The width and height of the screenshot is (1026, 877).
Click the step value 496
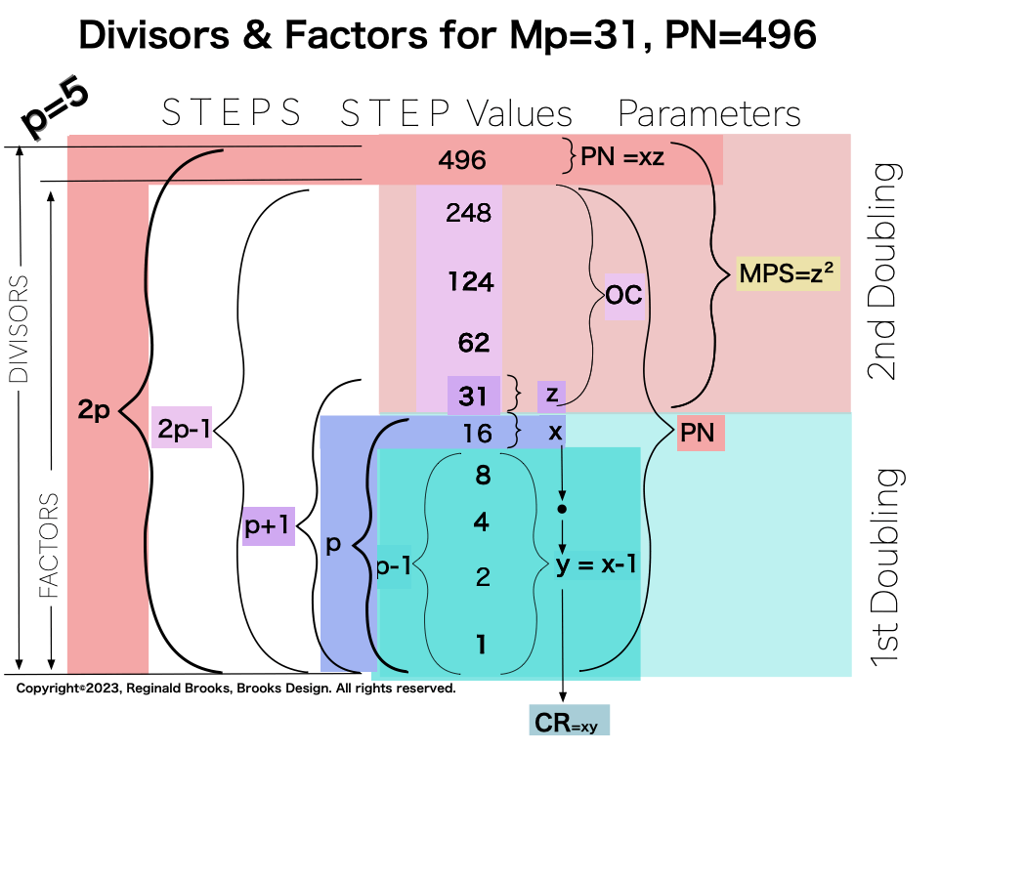pyautogui.click(x=462, y=160)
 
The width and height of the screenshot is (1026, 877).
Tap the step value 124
pyautogui.click(x=471, y=282)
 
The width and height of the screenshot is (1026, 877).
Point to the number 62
pyautogui.click(x=473, y=343)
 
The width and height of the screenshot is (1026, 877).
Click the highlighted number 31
pyautogui.click(x=473, y=397)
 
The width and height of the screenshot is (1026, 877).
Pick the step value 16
pyautogui.click(x=476, y=434)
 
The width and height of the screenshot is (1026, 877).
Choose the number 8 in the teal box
pyautogui.click(x=482, y=476)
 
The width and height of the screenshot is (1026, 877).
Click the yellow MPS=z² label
pyautogui.click(x=790, y=274)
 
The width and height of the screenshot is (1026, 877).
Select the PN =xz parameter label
pyautogui.click(x=622, y=156)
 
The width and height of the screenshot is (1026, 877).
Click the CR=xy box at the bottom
pyautogui.click(x=569, y=723)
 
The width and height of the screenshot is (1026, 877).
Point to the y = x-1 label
pyautogui.click(x=597, y=566)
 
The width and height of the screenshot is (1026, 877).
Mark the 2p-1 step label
pyautogui.click(x=182, y=427)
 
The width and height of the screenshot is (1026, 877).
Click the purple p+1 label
pyautogui.click(x=269, y=528)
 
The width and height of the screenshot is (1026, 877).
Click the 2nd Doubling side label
pyautogui.click(x=885, y=271)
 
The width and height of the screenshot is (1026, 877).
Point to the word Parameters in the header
pyautogui.click(x=708, y=114)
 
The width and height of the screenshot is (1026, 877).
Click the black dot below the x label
pyautogui.click(x=561, y=510)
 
